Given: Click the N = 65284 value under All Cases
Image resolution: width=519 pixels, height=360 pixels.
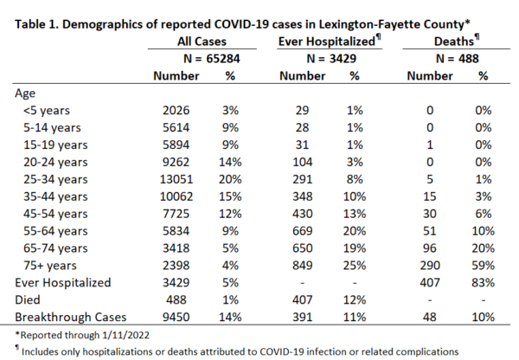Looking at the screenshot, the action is [212, 59].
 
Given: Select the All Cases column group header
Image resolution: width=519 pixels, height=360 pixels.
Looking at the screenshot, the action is [202, 42].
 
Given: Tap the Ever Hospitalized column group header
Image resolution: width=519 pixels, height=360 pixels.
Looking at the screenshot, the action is [330, 41].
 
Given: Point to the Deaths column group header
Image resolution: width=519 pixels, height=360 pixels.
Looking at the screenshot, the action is [457, 41].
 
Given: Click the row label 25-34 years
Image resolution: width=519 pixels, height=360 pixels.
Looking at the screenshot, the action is [55, 179].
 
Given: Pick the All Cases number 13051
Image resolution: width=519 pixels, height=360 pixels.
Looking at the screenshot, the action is [176, 179].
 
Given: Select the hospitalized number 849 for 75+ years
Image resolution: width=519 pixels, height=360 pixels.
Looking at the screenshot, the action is [302, 266].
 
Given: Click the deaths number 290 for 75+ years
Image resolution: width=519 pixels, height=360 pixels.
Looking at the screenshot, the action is [430, 266].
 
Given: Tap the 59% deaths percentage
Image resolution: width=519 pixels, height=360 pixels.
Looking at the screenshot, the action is [484, 266].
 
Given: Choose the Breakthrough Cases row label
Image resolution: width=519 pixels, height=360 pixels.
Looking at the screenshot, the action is [71, 317].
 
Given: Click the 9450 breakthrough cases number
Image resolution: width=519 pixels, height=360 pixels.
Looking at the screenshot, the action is [176, 317].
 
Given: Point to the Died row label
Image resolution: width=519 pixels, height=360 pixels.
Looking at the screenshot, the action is [28, 299].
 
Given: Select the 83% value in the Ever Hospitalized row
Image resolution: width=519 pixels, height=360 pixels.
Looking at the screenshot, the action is [484, 282].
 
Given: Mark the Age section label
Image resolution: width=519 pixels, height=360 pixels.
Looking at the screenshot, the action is [25, 93].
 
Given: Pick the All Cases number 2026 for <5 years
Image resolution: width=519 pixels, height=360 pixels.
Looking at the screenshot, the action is [176, 110].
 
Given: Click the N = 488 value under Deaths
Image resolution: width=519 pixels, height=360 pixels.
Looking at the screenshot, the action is [457, 59].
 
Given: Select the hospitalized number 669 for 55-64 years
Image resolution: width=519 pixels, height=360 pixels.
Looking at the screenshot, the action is [302, 231].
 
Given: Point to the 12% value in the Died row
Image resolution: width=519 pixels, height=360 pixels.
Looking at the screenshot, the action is [355, 299].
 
